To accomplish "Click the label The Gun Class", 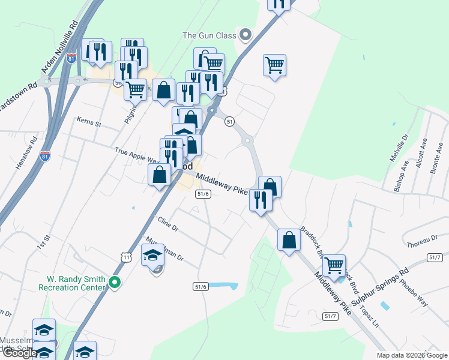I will (209, 35).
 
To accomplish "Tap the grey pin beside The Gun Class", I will (245, 35).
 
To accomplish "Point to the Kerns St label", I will (89, 122).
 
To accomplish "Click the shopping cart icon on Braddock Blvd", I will (334, 265).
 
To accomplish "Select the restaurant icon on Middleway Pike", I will (261, 199).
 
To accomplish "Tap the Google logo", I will (19, 353).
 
